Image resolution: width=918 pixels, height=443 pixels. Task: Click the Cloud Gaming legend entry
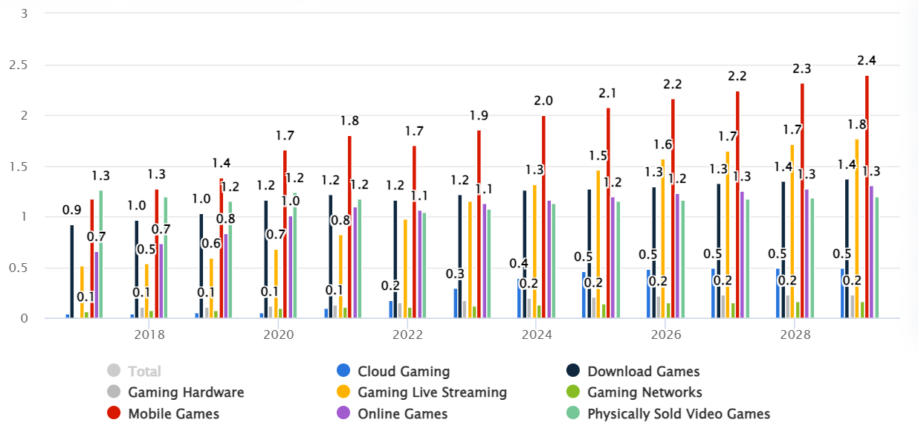(x=404, y=371)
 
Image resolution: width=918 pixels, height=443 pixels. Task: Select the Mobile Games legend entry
(x=173, y=414)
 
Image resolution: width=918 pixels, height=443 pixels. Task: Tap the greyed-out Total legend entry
(x=144, y=371)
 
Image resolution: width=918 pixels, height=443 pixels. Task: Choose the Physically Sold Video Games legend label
(x=678, y=414)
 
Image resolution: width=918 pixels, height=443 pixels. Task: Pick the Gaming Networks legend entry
(x=644, y=392)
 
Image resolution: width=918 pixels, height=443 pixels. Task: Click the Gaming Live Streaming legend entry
(x=432, y=392)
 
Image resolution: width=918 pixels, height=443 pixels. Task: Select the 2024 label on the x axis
(x=537, y=335)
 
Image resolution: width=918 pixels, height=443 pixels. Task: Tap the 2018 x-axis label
(x=149, y=335)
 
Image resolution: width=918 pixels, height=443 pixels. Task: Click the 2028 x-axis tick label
(x=795, y=335)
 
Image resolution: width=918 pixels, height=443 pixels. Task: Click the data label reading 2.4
(x=867, y=60)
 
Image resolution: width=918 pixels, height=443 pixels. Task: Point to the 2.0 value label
(x=543, y=100)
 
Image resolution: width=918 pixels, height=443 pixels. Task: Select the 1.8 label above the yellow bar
(x=856, y=124)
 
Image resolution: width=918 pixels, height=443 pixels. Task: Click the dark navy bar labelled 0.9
(x=72, y=271)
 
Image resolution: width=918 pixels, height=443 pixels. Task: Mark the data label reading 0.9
(x=72, y=210)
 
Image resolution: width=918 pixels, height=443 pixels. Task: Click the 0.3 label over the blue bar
(x=455, y=274)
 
